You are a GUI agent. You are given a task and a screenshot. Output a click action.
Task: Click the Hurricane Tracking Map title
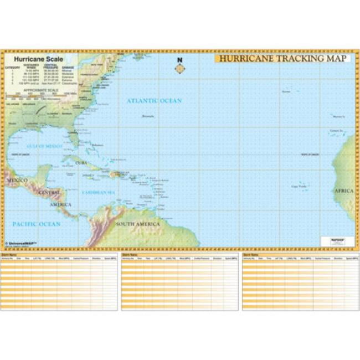tap(282, 59)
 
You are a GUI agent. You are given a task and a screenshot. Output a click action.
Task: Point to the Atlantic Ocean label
tap(154, 101)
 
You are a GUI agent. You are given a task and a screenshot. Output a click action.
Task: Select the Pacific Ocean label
tap(37, 224)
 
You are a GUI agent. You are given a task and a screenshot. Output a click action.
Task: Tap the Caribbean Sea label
tap(98, 192)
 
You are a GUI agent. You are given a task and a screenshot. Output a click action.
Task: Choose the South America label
tap(138, 224)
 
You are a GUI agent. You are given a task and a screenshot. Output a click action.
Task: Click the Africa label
tap(343, 191)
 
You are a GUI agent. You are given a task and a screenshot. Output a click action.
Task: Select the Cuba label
tap(81, 162)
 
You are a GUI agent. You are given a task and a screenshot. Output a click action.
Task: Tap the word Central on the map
tap(50, 193)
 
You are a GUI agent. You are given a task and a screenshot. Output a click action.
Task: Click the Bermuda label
tap(148, 116)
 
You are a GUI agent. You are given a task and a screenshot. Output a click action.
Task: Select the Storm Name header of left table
tap(9, 255)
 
